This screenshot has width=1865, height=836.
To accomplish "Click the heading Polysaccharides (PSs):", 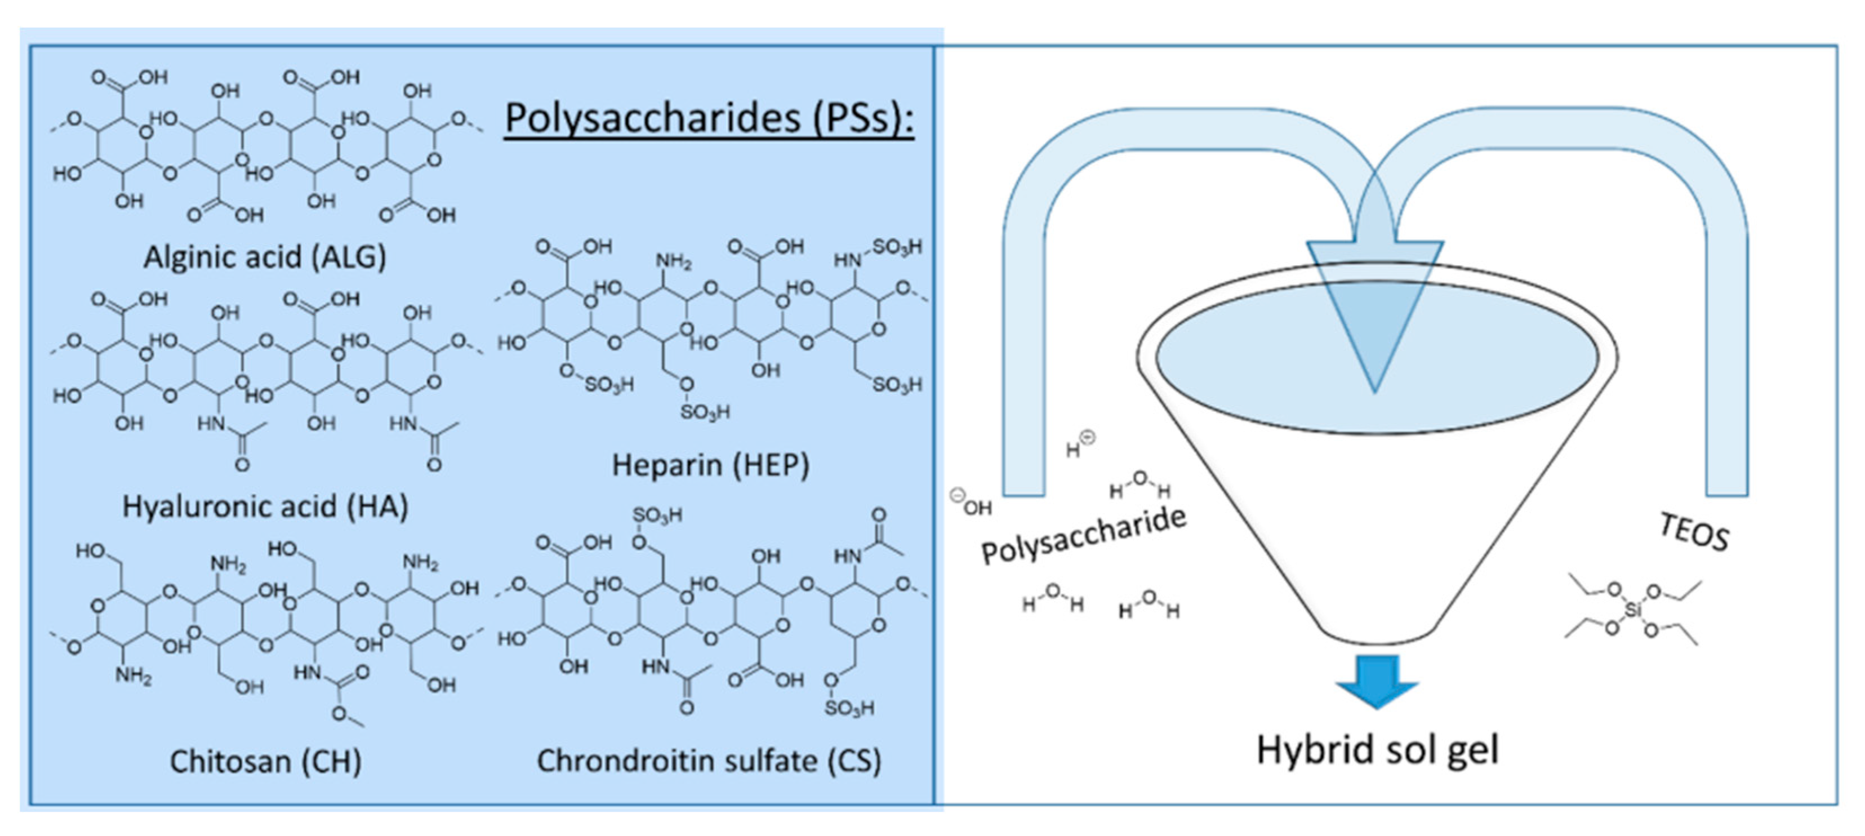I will [709, 117].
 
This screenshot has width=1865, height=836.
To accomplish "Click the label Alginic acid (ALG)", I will [265, 257].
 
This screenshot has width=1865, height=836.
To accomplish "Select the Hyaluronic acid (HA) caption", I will [265, 506].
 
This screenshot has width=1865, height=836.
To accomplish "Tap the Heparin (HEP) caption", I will [710, 465].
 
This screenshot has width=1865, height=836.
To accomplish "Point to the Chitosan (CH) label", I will [265, 762].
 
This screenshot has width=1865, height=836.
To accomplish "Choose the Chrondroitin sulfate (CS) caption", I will [709, 761].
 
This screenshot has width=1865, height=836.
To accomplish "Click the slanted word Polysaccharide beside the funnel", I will [1084, 536].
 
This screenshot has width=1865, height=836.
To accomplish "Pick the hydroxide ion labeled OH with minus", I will [972, 503].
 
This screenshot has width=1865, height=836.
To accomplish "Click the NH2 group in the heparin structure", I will [673, 261].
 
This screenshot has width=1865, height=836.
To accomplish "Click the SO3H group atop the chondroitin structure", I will [656, 515].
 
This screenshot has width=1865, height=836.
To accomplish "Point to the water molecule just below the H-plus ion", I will [1140, 483].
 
